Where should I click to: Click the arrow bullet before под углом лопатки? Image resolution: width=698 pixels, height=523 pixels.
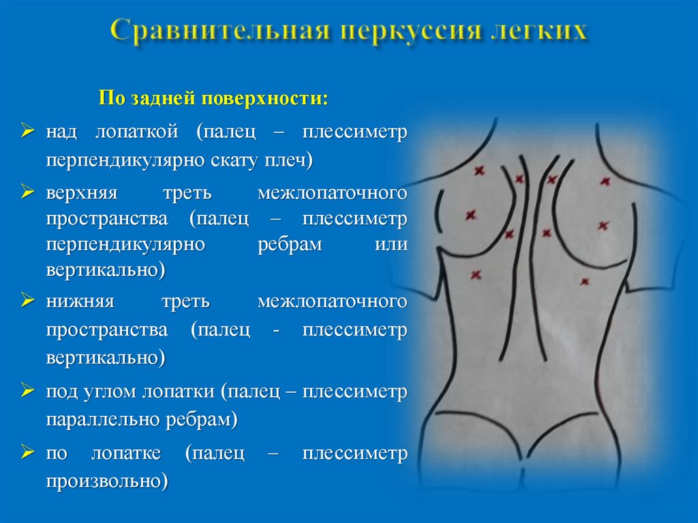coord(28,391)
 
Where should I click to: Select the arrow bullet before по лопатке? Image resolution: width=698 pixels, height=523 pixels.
coord(28,453)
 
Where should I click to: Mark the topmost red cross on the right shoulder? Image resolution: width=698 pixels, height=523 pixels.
coord(604,181)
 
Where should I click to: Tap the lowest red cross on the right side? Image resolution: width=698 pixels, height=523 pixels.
coord(584,281)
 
